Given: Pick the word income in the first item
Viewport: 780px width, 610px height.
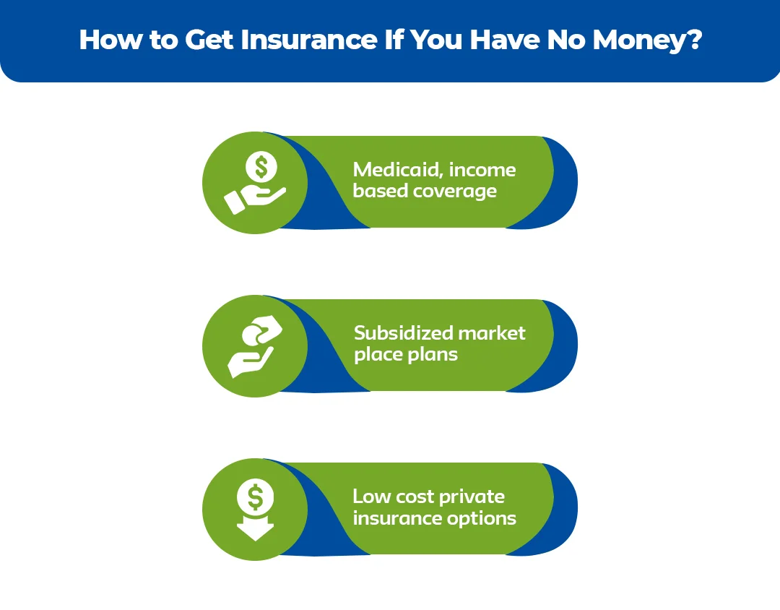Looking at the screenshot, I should pyautogui.click(x=482, y=171).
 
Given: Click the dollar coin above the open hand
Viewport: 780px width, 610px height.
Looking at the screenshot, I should pyautogui.click(x=261, y=167).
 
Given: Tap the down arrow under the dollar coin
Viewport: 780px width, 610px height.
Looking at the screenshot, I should pyautogui.click(x=255, y=529).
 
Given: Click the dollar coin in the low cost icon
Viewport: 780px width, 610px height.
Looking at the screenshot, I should pyautogui.click(x=255, y=497).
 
